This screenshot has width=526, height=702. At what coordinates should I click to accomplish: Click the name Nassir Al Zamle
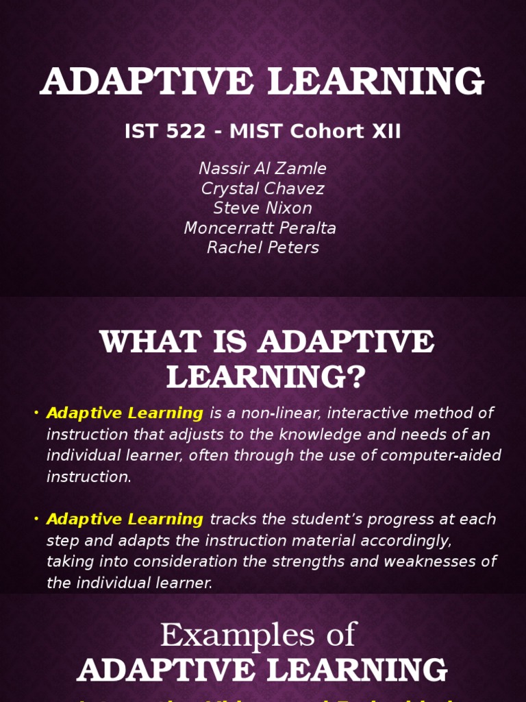click(x=262, y=169)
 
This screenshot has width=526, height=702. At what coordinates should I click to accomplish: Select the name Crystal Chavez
click(x=262, y=189)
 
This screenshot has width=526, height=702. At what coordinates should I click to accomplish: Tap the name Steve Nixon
click(x=262, y=208)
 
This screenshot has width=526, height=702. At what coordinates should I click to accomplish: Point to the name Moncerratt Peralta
click(x=260, y=228)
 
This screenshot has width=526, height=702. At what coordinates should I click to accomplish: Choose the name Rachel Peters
click(x=263, y=247)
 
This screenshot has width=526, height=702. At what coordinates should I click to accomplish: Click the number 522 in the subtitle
click(x=180, y=132)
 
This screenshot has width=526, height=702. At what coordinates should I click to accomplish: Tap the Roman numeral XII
click(x=386, y=132)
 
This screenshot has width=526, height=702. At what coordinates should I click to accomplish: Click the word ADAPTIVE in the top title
click(x=147, y=82)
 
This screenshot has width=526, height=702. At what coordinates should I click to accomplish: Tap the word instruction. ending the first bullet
click(x=88, y=477)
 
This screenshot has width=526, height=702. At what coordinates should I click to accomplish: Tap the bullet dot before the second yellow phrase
click(x=36, y=519)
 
